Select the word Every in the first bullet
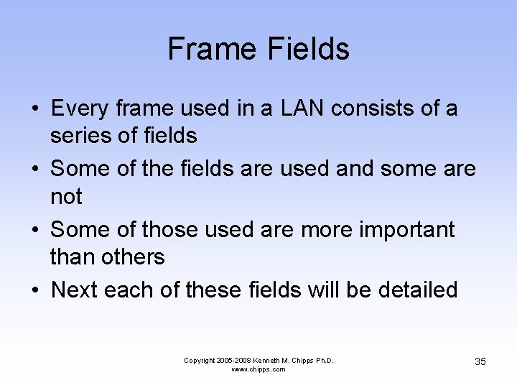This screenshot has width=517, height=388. click(x=78, y=108)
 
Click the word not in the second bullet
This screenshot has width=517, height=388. click(x=66, y=195)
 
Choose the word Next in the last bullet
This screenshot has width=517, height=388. click(x=75, y=290)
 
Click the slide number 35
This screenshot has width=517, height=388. click(x=480, y=361)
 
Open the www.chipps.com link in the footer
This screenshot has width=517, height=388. click(x=258, y=369)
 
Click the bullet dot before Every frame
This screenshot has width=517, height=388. click(x=34, y=109)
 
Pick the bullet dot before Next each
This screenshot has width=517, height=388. click(x=34, y=290)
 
